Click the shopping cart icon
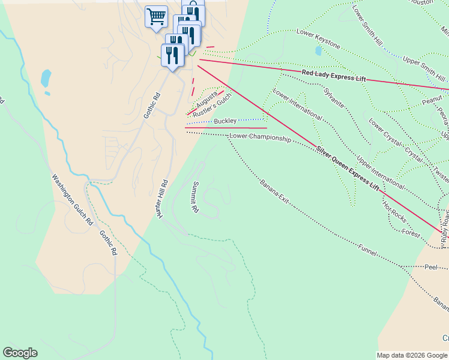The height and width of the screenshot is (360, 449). click(x=156, y=16)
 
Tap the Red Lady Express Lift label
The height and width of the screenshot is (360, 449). click(x=334, y=76)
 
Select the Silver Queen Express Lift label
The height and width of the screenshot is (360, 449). click(x=348, y=169)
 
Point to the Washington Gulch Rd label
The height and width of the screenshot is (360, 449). click(x=71, y=199)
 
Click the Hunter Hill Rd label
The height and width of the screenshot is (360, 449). click(x=161, y=202)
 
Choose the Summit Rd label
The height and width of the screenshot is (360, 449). click(x=194, y=196)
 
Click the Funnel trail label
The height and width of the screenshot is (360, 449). click(x=367, y=250)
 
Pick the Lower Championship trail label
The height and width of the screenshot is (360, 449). click(x=260, y=138)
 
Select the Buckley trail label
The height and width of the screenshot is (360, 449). click(x=225, y=121)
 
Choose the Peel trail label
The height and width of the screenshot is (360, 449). click(x=430, y=266)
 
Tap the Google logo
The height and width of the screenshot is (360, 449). click(x=20, y=353)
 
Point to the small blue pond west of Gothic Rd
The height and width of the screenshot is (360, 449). click(x=46, y=78)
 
